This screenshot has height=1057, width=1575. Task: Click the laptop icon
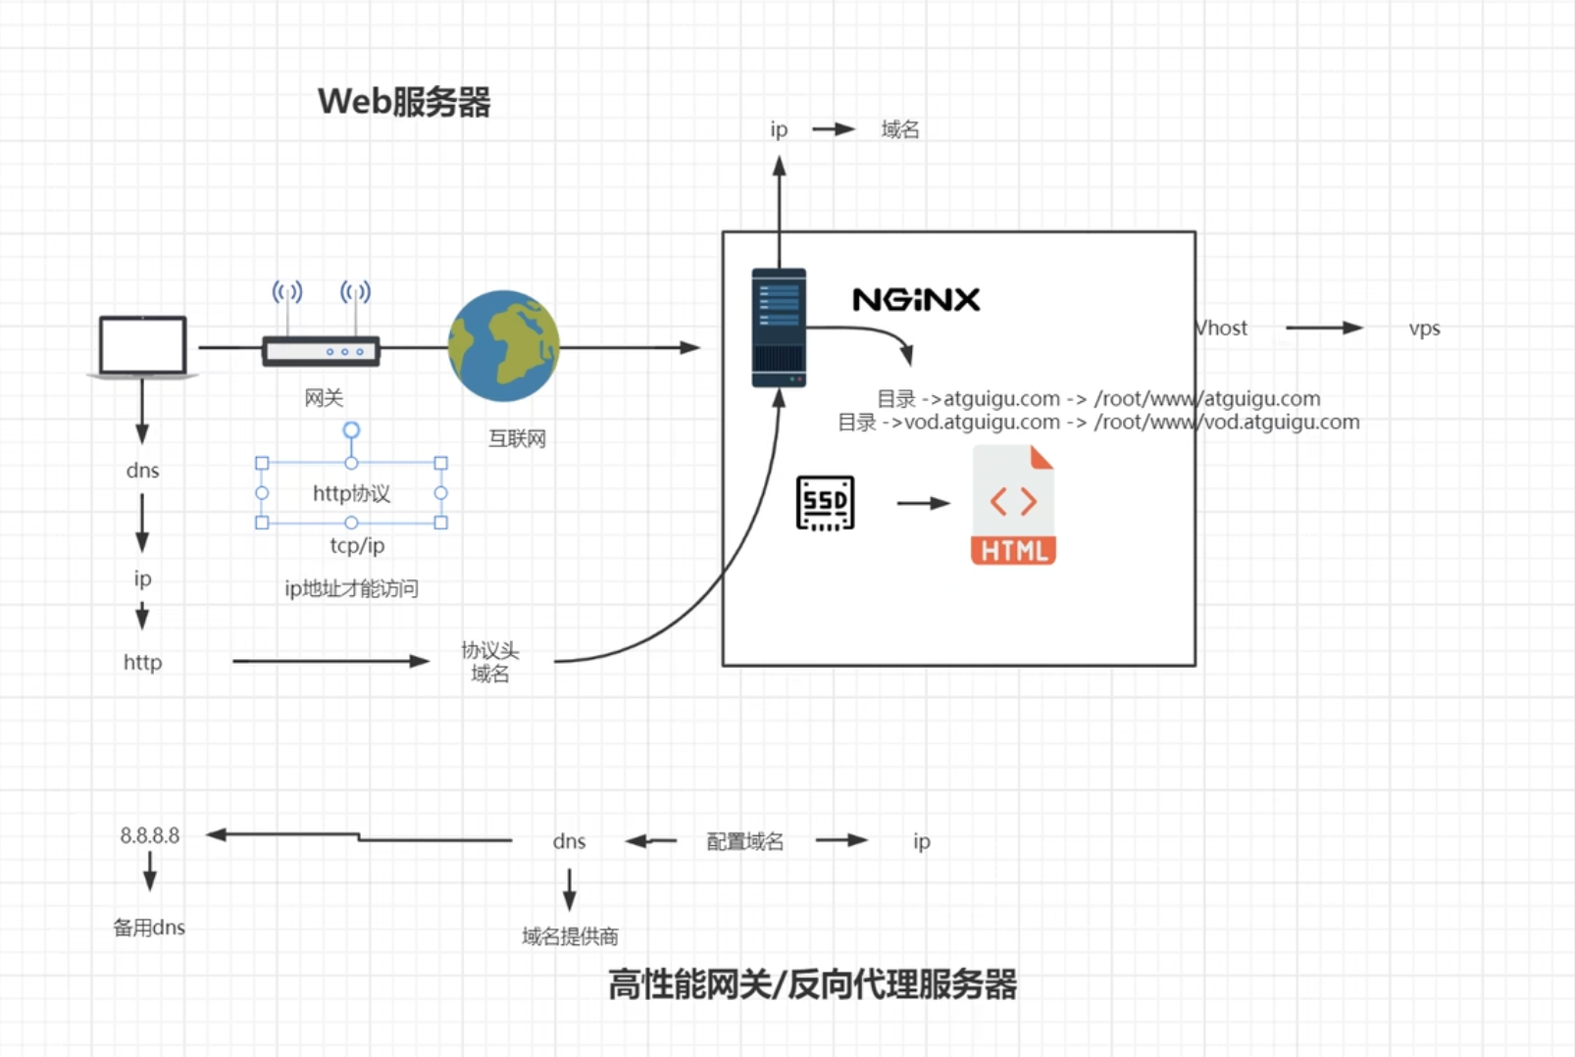click(143, 346)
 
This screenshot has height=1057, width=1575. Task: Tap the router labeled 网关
click(321, 350)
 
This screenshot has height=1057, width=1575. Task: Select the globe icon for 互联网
click(503, 346)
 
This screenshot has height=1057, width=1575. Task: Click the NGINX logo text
click(916, 300)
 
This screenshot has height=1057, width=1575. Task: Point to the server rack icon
click(779, 327)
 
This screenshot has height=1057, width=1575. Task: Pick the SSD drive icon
click(825, 503)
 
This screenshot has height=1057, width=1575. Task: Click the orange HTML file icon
click(1013, 505)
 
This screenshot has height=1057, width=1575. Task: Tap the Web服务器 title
click(404, 102)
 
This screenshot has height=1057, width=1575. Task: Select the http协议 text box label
click(351, 493)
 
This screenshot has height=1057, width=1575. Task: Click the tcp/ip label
click(357, 545)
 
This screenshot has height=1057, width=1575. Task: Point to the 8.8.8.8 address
click(150, 835)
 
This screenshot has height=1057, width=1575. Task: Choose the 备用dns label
click(149, 928)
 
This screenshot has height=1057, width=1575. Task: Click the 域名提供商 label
click(570, 936)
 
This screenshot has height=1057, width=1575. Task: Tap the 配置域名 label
click(745, 841)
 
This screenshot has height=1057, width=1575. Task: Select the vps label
click(1424, 328)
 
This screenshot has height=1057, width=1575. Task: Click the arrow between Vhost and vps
click(1323, 327)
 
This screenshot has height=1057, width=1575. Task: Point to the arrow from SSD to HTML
click(923, 503)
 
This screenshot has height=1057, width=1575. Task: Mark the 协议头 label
click(490, 650)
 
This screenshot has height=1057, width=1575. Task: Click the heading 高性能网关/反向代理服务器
click(812, 984)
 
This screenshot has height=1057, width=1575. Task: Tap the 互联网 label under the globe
click(517, 438)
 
